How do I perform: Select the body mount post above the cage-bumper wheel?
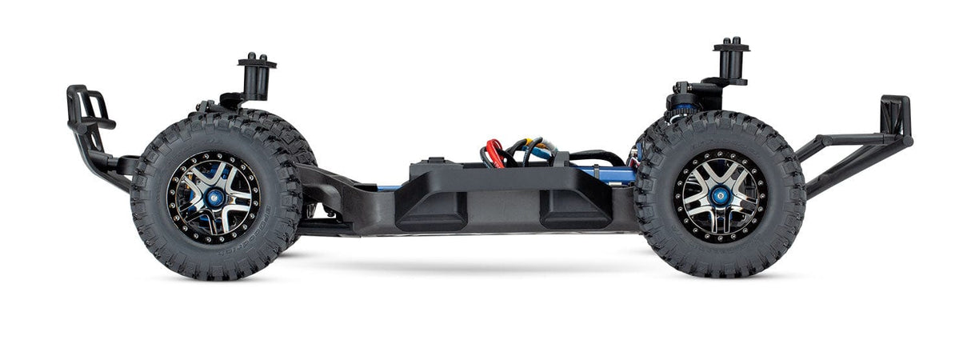(x=257, y=75)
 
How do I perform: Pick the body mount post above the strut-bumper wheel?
(x=731, y=59)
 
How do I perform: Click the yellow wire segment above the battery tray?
(x=512, y=147)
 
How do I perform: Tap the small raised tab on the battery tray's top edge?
(x=435, y=160)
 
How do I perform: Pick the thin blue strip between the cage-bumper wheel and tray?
(x=387, y=187)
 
